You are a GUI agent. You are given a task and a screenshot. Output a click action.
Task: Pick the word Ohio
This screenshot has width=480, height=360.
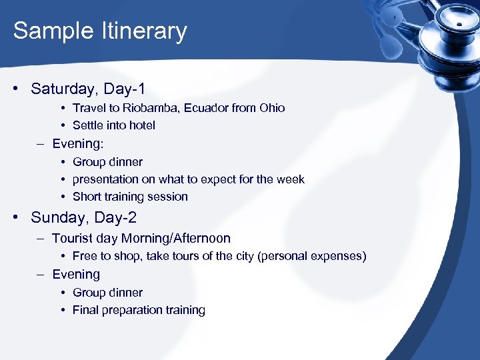pyautogui.click(x=271, y=108)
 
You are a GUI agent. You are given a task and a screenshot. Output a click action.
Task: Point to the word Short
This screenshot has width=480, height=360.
pyautogui.click(x=87, y=197)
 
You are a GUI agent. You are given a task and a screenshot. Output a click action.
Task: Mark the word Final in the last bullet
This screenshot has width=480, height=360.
pyautogui.click(x=86, y=310)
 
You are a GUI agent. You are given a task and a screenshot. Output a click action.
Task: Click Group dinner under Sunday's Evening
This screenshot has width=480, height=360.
pyautogui.click(x=107, y=293)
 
